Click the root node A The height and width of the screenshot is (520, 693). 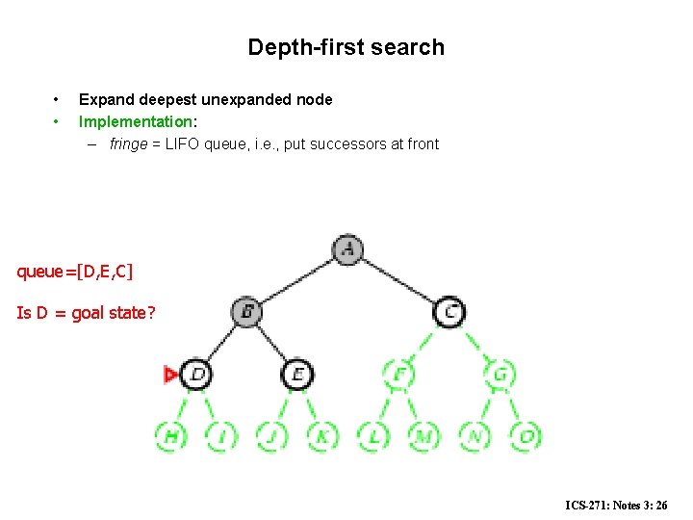(347, 249)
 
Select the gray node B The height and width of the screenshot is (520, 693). (246, 312)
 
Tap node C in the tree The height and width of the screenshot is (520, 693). (449, 312)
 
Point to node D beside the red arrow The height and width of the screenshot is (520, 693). (196, 374)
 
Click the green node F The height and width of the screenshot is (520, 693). (398, 374)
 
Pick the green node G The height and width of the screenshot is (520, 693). (500, 374)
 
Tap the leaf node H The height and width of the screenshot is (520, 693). (171, 436)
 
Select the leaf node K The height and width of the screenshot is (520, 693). (322, 436)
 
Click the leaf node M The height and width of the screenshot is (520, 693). (423, 436)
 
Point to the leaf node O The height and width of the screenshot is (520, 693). (526, 436)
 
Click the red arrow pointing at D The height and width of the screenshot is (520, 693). (171, 375)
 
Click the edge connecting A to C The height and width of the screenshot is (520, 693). (398, 280)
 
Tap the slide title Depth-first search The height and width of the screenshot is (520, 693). (346, 47)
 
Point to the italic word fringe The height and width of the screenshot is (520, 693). (128, 144)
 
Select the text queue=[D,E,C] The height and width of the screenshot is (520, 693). (75, 273)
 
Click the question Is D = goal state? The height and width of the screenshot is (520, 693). (86, 313)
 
